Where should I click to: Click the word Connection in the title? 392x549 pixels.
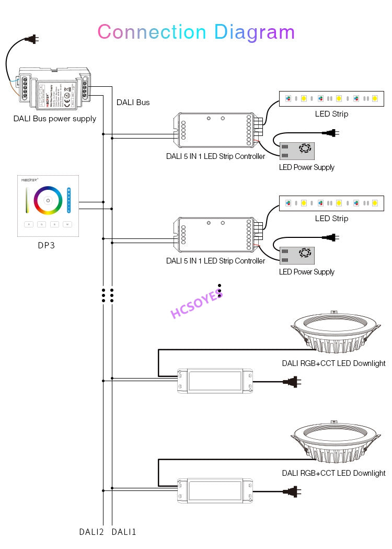152,32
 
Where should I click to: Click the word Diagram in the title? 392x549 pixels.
255,33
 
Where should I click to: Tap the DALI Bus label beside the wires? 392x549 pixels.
133,102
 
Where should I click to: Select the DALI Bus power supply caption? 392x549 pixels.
55,119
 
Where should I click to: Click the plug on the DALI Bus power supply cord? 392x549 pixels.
32,39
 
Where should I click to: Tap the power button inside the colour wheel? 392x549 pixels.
48,201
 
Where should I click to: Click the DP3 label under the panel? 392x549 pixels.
47,245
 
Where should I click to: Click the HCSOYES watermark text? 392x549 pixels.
196,306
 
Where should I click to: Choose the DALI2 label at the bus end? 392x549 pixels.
91,532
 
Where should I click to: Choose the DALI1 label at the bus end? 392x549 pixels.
124,532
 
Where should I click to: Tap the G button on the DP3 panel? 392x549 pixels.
42,224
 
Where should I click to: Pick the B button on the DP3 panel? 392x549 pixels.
54,224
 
